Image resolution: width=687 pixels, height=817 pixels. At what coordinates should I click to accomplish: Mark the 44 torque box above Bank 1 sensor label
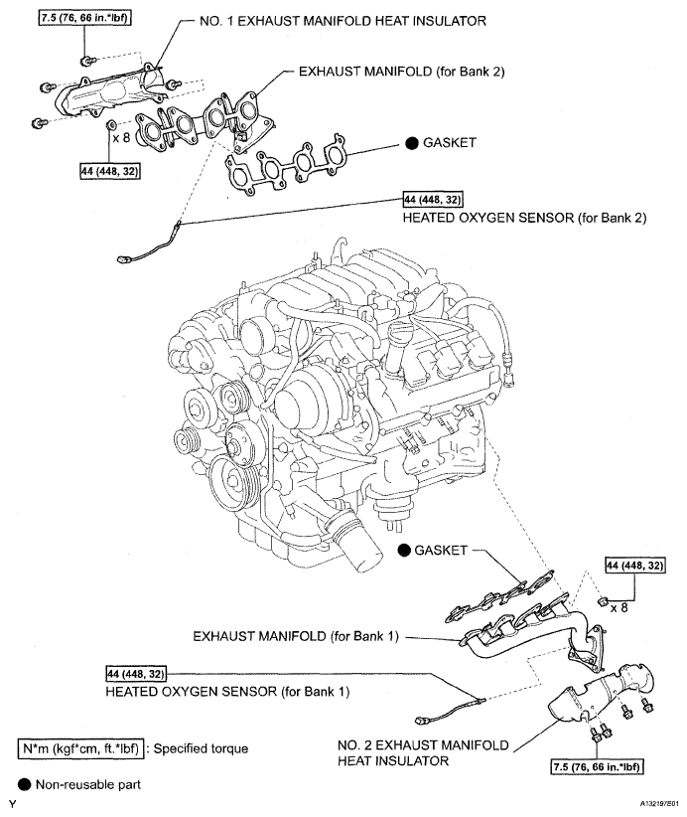[x=138, y=671]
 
